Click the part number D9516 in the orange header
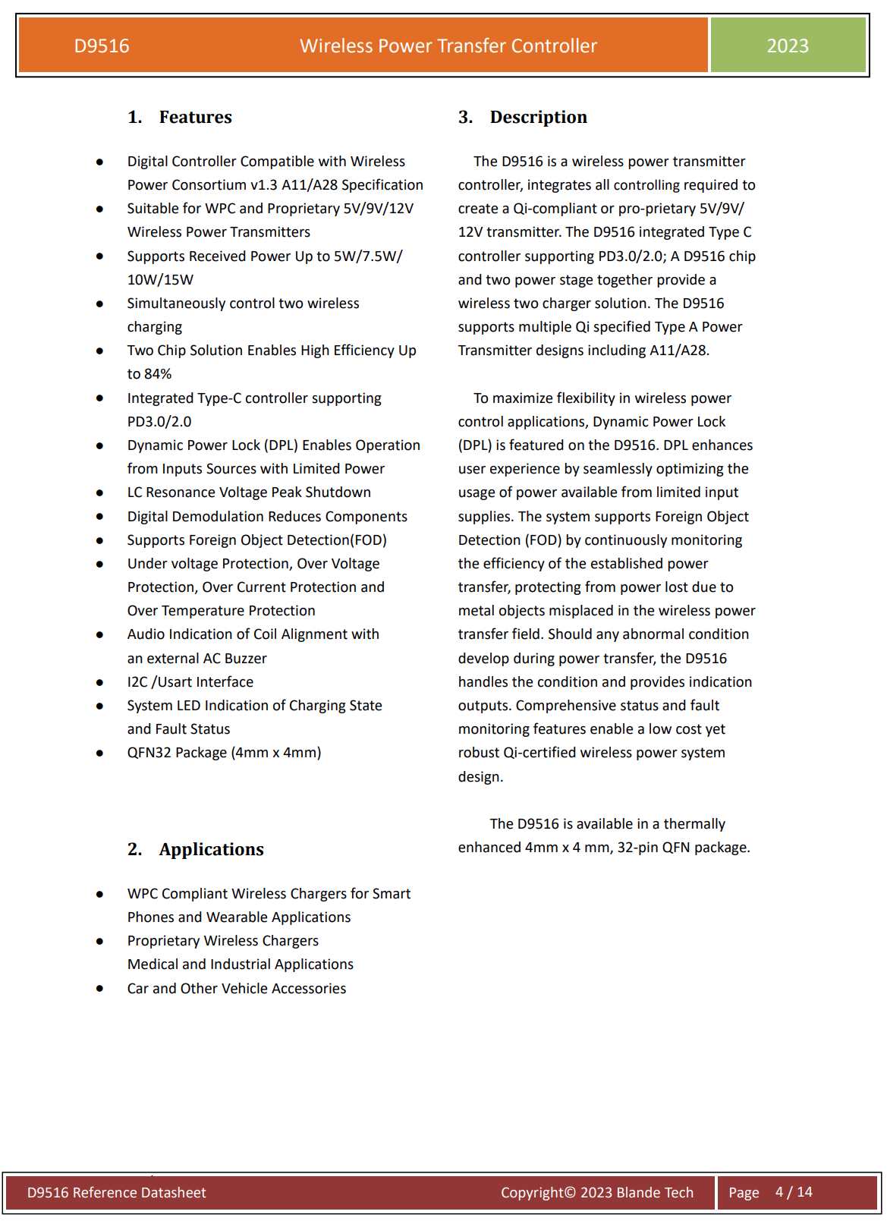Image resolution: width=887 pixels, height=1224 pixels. tap(102, 46)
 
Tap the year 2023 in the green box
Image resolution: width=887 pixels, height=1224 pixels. tap(788, 46)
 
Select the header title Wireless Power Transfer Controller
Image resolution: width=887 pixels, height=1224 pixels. tap(448, 46)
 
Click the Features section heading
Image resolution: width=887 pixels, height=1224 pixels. tap(195, 118)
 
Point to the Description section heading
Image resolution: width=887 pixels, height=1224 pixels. tap(538, 118)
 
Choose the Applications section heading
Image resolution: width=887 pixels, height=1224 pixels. tap(211, 850)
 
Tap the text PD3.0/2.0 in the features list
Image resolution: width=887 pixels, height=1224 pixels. tap(159, 422)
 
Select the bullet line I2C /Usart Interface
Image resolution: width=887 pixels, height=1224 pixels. tap(190, 682)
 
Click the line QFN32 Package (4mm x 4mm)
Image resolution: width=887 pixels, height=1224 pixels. tap(224, 753)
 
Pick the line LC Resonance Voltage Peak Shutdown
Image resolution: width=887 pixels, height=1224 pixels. tap(249, 492)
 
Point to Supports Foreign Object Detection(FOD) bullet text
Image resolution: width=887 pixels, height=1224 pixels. tap(256, 540)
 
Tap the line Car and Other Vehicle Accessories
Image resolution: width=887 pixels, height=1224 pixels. tap(237, 989)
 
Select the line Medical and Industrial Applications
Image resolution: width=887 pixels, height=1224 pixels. tap(241, 964)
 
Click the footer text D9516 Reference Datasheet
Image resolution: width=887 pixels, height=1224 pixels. tap(116, 1193)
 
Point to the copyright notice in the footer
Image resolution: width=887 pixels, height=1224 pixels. tap(596, 1193)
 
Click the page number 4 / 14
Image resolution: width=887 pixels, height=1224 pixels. tap(794, 1192)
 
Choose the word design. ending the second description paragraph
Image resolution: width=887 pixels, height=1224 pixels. tap(480, 777)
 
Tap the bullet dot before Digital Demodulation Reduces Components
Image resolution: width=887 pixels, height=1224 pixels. tap(99, 517)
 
